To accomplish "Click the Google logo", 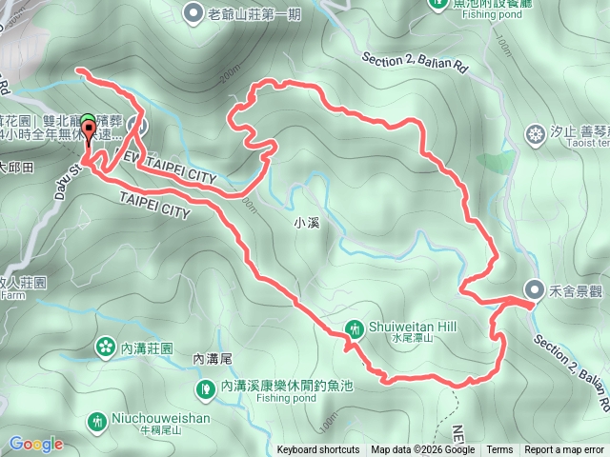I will (x=36, y=444).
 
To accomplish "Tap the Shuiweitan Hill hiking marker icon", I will (x=355, y=328).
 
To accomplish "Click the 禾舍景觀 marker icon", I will (x=536, y=289).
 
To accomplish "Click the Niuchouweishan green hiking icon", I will (x=96, y=421).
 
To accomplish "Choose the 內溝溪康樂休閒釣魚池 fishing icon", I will (x=205, y=387).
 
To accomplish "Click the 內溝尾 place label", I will (x=212, y=359).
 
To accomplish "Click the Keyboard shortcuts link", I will (x=318, y=450).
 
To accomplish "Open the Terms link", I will (x=499, y=450).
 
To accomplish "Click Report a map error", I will (x=564, y=450).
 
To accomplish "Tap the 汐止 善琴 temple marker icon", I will (x=533, y=130).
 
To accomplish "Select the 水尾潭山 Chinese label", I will (x=412, y=338).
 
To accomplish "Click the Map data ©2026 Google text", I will (x=423, y=450).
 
